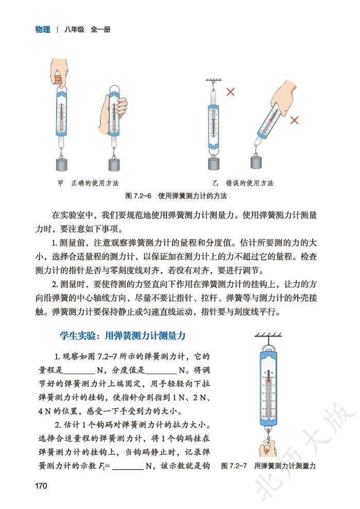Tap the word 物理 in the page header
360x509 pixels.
click(x=43, y=29)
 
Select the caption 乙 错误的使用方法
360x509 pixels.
click(x=243, y=183)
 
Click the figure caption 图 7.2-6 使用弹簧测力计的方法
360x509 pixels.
click(x=177, y=196)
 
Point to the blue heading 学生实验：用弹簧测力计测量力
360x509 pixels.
click(x=123, y=335)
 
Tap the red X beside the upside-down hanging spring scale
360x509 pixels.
click(x=231, y=92)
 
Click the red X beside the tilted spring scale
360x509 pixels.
click(x=295, y=120)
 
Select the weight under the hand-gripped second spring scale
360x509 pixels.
click(x=116, y=164)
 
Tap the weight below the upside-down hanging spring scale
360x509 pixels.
click(x=214, y=163)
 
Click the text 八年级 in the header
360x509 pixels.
click(x=75, y=29)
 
